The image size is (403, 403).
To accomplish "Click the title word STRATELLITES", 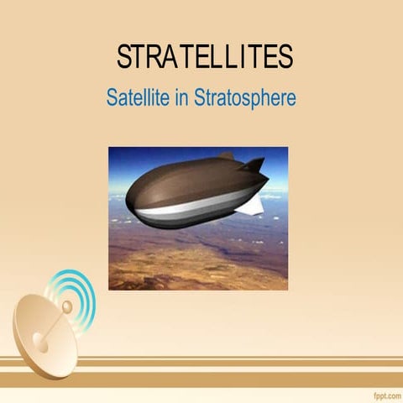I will click(x=204, y=57).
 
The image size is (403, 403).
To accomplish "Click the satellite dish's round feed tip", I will click(x=66, y=307).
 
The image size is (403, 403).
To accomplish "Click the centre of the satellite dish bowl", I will click(x=42, y=336).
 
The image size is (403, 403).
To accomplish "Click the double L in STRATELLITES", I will click(x=218, y=57).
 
